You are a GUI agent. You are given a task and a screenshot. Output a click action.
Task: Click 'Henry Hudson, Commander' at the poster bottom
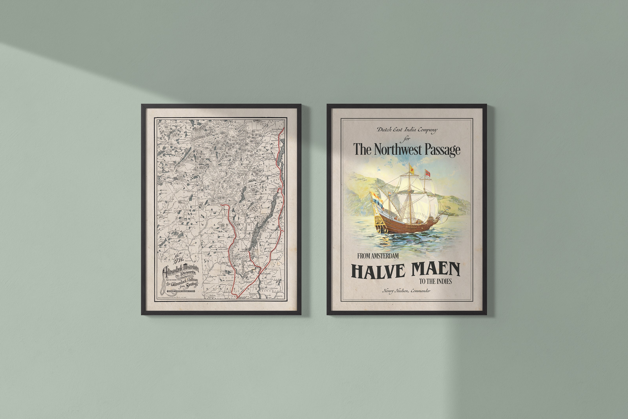(x=406, y=291)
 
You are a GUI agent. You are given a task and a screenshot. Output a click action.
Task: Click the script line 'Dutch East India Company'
(x=407, y=130)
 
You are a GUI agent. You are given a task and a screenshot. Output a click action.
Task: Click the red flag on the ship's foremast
(x=428, y=173)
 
